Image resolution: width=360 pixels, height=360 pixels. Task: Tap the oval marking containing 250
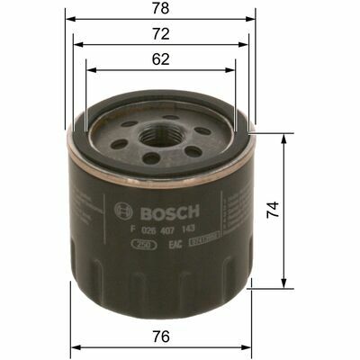click(x=140, y=243)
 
